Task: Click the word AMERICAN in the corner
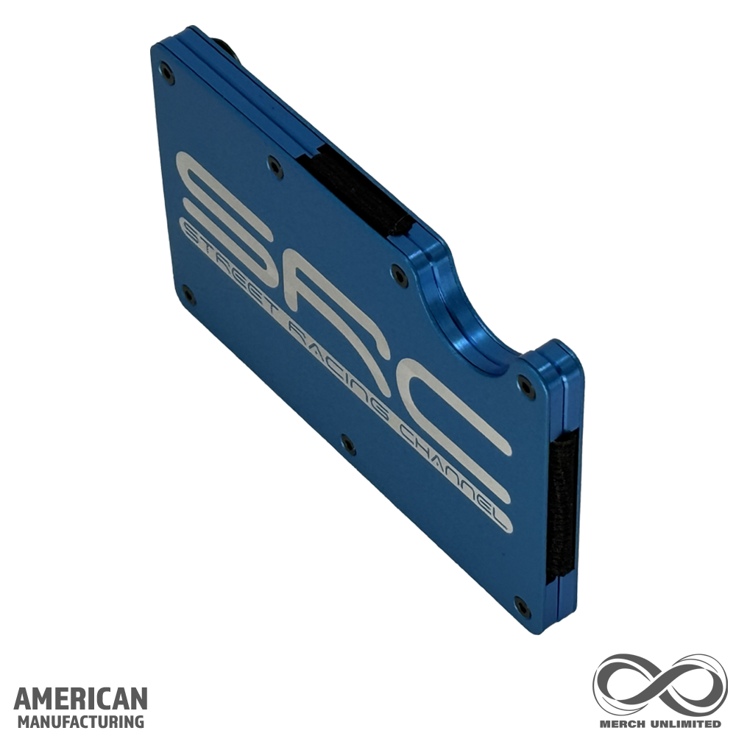81,699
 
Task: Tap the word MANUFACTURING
81,721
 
